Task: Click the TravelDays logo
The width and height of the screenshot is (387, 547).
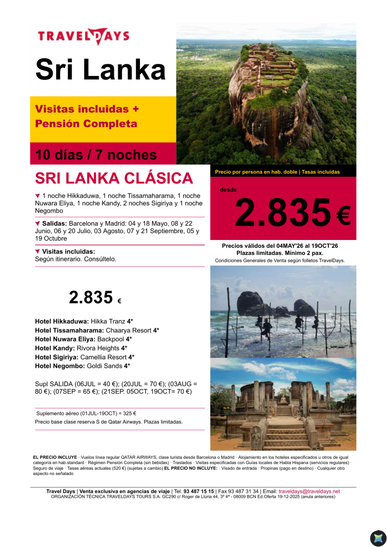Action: (84, 36)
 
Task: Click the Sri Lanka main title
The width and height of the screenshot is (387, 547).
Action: (101, 70)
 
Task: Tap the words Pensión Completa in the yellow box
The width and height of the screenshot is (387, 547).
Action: (86, 124)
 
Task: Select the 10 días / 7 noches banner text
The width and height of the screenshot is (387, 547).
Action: (96, 155)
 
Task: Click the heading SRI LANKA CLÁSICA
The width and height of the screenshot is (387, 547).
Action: (114, 178)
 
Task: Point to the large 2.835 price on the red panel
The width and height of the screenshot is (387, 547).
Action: (282, 213)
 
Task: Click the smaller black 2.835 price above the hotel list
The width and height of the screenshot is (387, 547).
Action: (91, 297)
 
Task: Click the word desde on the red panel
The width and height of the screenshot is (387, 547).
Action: (228, 190)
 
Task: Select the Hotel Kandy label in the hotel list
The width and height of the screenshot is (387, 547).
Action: (55, 348)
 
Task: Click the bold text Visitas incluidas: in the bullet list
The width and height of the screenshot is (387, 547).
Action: (68, 251)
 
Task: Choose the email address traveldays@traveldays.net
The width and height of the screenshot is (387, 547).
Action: (309, 491)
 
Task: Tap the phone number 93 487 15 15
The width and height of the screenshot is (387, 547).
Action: (199, 491)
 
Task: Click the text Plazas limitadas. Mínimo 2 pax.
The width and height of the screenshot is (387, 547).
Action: (280, 253)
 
